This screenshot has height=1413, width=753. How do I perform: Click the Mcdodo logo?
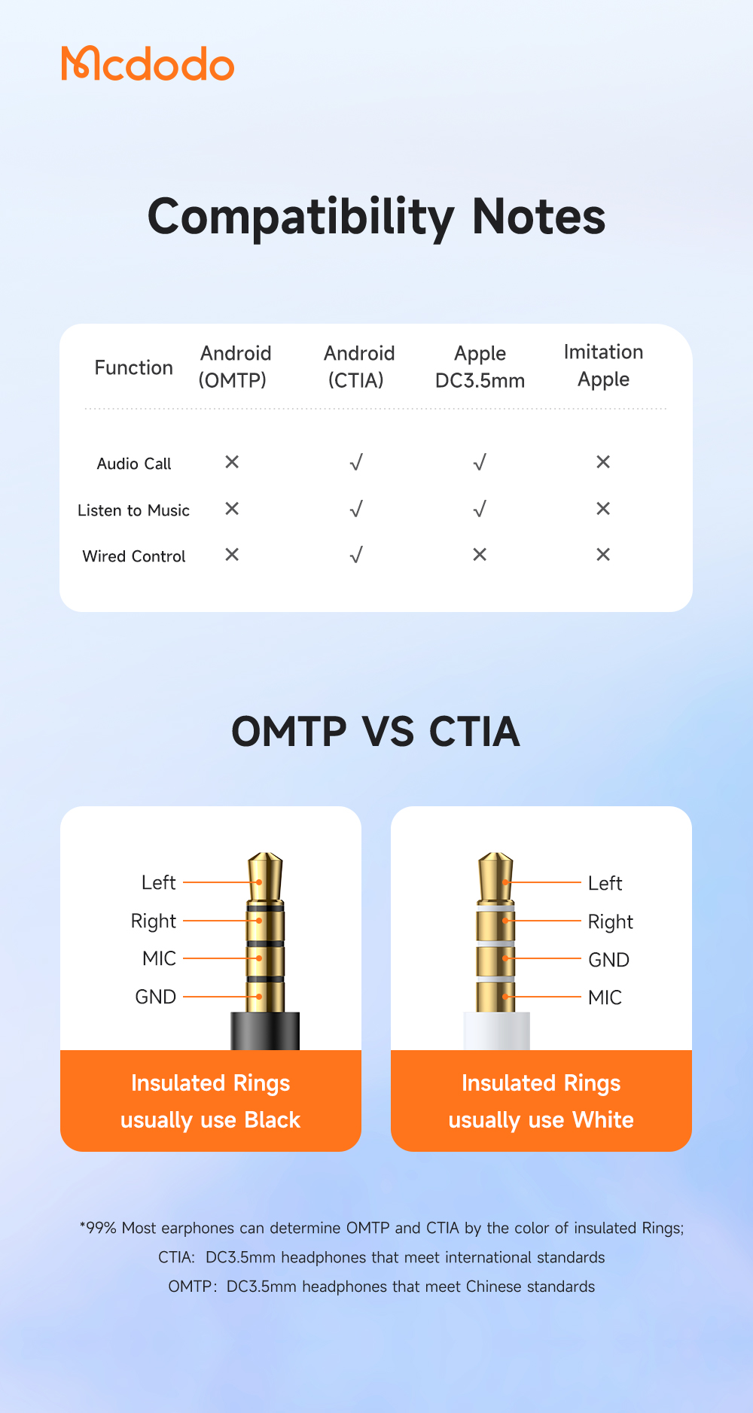click(148, 64)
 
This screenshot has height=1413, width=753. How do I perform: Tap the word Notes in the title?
click(538, 217)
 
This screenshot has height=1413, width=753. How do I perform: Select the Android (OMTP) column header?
click(234, 367)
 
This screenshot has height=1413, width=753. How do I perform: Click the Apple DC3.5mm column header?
click(480, 367)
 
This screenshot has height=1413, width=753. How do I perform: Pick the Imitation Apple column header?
click(603, 365)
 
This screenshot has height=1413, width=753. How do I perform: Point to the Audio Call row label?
click(134, 464)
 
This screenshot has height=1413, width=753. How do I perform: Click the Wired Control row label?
click(134, 556)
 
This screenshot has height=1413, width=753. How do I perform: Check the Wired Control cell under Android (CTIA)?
click(356, 556)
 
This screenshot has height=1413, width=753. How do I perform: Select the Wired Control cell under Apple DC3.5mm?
click(480, 555)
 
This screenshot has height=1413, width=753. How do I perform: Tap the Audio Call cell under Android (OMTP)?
click(232, 461)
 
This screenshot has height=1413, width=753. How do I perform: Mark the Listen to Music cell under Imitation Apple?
click(603, 509)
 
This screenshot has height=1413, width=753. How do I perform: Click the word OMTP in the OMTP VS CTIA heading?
click(289, 732)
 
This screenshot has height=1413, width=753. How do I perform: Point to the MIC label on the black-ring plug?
click(159, 958)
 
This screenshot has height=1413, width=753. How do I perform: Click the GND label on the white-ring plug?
click(608, 960)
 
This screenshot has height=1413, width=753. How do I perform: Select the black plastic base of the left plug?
click(265, 1031)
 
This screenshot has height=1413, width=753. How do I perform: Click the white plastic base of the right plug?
click(496, 1031)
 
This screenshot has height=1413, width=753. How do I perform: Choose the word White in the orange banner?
click(602, 1120)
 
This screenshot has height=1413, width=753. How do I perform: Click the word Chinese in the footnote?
click(493, 1287)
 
